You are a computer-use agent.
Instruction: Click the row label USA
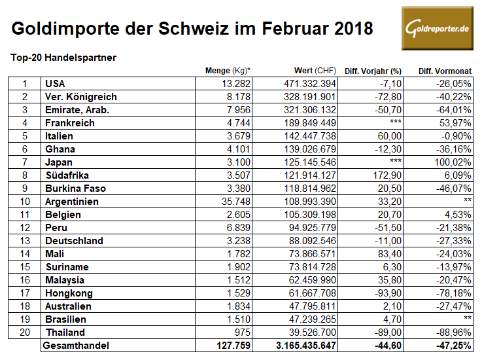56,84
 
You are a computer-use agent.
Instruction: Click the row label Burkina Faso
75,189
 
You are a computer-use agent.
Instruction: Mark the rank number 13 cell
24,241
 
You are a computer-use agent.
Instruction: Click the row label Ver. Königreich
80,97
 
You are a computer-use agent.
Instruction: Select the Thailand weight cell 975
241,332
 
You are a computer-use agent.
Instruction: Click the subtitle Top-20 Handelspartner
63,58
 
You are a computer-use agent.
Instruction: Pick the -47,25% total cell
452,345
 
